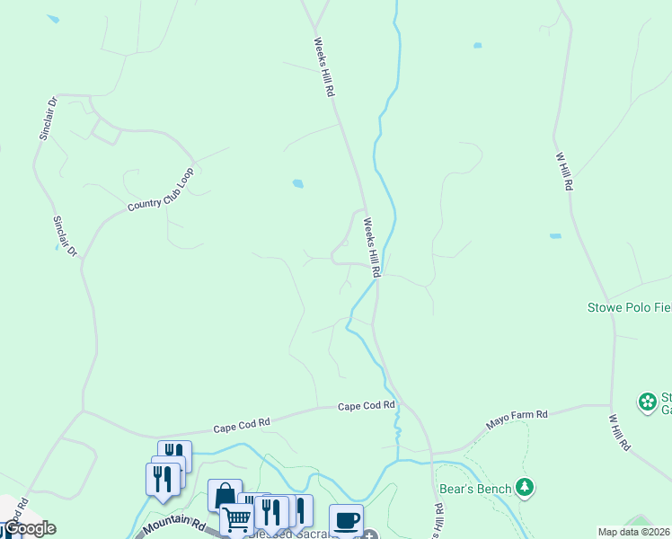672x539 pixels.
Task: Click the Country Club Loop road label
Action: pos(161,190)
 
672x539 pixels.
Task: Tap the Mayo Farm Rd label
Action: pos(517,415)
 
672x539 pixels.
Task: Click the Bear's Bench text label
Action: pos(475,489)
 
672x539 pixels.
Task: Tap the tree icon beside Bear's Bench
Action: pos(526,488)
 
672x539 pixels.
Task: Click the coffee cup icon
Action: pos(346,519)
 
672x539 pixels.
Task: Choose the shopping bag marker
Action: pos(224,495)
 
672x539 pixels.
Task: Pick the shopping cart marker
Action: pos(236,518)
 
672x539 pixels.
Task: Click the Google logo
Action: pos(29,528)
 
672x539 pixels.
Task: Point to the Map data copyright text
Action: pos(634,532)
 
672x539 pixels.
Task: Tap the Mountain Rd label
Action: pos(173,524)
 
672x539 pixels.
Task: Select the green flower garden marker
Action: pos(647,402)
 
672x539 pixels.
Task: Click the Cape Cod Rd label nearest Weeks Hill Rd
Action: pos(367,406)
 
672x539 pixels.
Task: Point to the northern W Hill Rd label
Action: pos(564,171)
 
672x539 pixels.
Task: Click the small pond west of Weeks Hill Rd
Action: pos(297,183)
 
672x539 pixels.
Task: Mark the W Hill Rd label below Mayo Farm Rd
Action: pos(620,432)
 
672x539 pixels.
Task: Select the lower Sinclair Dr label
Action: pos(65,237)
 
